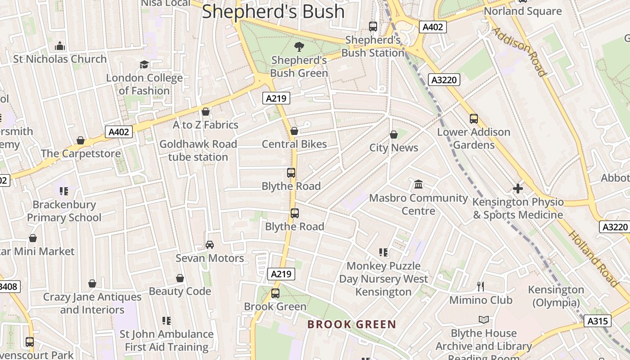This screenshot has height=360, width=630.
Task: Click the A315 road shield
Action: click(598, 321)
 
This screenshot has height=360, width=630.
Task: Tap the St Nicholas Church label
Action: click(60, 59)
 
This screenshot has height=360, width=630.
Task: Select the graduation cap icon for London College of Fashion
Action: click(144, 65)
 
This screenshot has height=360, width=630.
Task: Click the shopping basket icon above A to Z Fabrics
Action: click(206, 112)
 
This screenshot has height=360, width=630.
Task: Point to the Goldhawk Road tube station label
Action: click(198, 151)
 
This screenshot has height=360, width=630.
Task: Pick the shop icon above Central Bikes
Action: click(294, 131)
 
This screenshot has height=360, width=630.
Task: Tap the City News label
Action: click(394, 148)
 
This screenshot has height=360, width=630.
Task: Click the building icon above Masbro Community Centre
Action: click(418, 184)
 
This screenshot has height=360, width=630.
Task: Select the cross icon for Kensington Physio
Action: click(518, 189)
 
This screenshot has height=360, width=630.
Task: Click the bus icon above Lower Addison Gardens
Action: click(474, 119)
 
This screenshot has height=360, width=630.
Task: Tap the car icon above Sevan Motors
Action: click(210, 245)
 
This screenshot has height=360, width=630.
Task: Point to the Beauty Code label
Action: click(180, 291)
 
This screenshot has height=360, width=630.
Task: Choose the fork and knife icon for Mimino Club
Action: click(481, 286)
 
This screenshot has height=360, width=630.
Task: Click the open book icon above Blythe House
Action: click(484, 319)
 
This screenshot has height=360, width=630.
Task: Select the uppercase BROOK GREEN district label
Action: click(351, 324)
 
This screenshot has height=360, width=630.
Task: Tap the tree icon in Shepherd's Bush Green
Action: click(299, 46)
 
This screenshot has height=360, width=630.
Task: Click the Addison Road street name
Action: click(519, 52)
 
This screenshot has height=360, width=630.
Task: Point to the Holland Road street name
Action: click(593, 259)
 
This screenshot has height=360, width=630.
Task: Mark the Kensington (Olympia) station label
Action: click(556, 296)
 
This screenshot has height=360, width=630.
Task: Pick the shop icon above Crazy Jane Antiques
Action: click(92, 283)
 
